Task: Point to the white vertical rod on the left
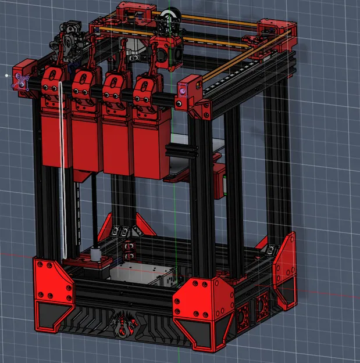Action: point(61,174)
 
